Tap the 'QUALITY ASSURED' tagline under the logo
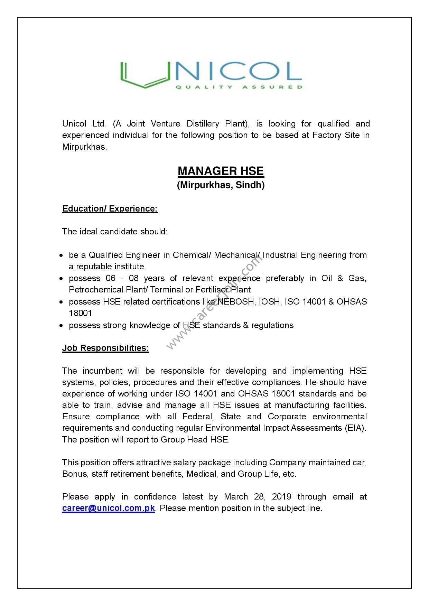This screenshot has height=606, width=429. tap(239, 87)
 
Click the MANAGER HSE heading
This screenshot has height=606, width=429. tap(221, 171)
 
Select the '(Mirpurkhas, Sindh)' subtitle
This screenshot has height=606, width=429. tap(221, 185)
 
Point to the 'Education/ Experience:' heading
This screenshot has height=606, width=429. tap(110, 209)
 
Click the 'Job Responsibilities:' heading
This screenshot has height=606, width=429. tap(105, 348)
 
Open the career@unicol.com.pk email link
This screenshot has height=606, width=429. tap(109, 508)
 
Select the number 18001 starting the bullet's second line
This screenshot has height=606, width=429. tap(81, 313)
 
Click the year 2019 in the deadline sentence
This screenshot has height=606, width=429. tap(281, 497)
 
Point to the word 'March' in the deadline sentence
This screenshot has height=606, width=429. tap(236, 497)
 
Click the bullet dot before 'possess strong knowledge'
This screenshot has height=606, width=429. tap(61, 326)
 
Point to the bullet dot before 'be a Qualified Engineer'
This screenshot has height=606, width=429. tap(61, 255)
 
